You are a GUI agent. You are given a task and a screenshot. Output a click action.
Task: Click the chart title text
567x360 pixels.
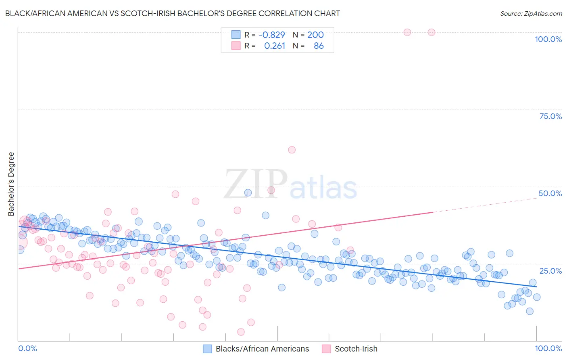coord(173,13)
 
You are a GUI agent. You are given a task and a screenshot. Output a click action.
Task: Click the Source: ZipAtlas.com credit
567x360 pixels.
coord(531,13)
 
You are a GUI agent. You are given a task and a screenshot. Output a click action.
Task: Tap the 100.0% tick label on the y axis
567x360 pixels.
coord(548,39)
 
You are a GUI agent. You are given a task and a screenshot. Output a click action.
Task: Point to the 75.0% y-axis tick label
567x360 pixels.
coord(550,116)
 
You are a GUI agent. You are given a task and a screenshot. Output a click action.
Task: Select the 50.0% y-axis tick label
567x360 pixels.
coord(550,193)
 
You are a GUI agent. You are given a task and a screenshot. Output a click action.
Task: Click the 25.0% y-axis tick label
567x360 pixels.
coord(550,271)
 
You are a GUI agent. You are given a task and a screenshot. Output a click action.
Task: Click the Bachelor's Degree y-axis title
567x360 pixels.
coord(11,184)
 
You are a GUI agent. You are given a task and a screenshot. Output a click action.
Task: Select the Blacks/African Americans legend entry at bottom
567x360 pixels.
coord(262,349)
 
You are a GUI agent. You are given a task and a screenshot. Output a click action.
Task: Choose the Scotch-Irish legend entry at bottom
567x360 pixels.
coord(356,349)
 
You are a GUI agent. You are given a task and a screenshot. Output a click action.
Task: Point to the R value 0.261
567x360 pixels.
coord(275,46)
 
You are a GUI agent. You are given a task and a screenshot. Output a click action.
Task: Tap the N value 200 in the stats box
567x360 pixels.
coord(315,35)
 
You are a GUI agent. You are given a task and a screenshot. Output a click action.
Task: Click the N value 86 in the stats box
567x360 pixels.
coord(319,46)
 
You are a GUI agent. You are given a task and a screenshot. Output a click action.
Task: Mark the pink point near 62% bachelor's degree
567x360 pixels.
coord(292,150)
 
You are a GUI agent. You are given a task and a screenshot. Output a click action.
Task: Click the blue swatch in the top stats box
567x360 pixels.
coord(236,35)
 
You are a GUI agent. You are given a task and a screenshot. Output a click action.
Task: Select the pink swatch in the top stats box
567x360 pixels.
coord(236,46)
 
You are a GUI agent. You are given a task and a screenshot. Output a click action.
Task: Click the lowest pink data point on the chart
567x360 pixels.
coord(241,332)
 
